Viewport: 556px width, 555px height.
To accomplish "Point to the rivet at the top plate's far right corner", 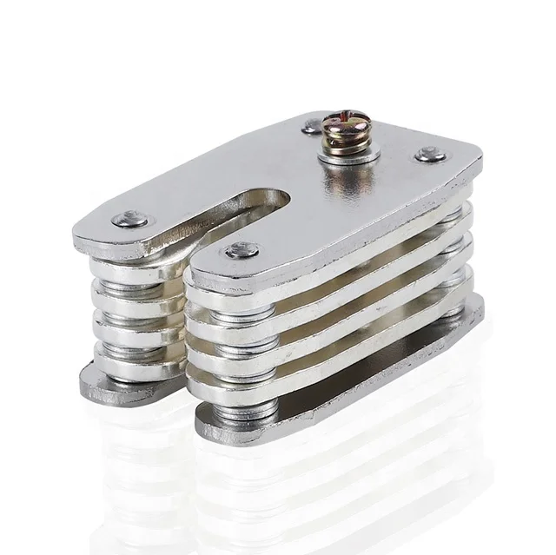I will (427, 155).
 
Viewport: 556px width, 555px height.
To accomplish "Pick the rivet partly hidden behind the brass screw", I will (311, 129).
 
